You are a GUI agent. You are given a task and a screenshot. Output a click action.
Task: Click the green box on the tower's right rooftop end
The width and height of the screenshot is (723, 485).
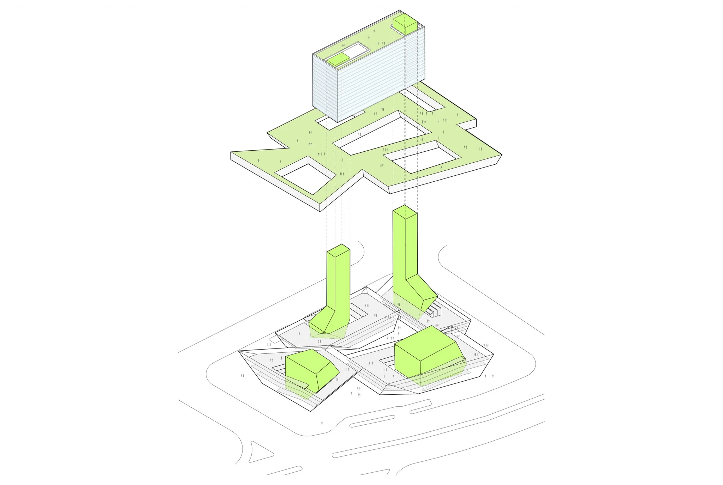[x=405, y=25]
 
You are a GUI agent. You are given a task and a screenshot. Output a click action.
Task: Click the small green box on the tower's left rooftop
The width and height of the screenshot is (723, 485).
[x=90, y=60]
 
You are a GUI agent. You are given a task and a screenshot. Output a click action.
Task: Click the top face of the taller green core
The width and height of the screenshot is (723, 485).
[x=405, y=212]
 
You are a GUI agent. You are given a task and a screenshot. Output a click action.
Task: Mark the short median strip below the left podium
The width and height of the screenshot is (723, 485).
[x=372, y=422]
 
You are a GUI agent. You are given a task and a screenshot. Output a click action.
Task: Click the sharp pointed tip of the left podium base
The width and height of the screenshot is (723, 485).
[x=311, y=410]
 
